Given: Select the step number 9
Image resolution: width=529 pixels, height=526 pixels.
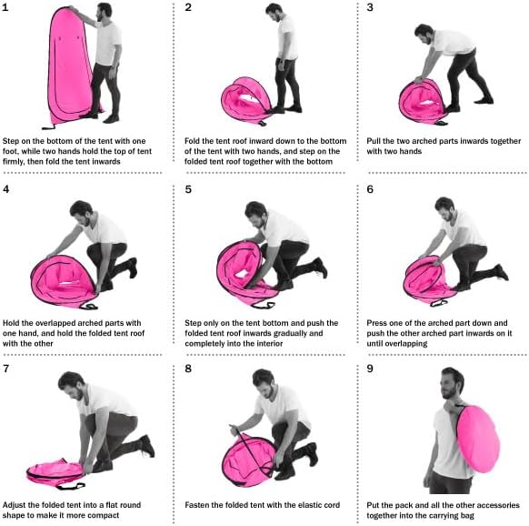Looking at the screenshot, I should click(370, 369).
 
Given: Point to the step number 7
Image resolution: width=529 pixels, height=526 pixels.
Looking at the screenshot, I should click(8, 369).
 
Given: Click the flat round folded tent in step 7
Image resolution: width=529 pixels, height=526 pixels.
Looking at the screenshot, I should click(55, 471).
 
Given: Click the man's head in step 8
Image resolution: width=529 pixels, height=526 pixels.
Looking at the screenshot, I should click(263, 379).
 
